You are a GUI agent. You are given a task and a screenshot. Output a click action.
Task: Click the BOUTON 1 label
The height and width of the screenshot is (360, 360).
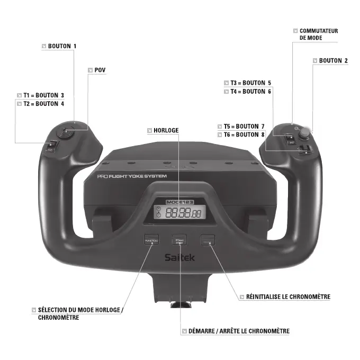(x=62, y=47)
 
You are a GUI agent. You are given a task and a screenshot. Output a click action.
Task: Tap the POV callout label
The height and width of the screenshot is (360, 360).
(x=100, y=70)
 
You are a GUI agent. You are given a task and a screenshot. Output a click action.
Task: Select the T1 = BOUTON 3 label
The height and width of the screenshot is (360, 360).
(x=43, y=95)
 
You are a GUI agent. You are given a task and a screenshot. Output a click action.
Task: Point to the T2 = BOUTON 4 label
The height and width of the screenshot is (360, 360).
(x=43, y=104)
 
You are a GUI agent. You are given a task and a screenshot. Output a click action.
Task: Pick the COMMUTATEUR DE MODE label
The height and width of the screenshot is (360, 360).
(x=318, y=34)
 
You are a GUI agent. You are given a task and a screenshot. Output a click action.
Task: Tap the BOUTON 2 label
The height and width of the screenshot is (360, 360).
(x=333, y=61)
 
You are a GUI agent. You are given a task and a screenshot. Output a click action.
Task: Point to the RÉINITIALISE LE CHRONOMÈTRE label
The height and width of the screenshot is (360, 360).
(x=288, y=297)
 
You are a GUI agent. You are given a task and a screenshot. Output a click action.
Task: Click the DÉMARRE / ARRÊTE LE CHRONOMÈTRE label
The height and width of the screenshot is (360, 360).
(x=239, y=331)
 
